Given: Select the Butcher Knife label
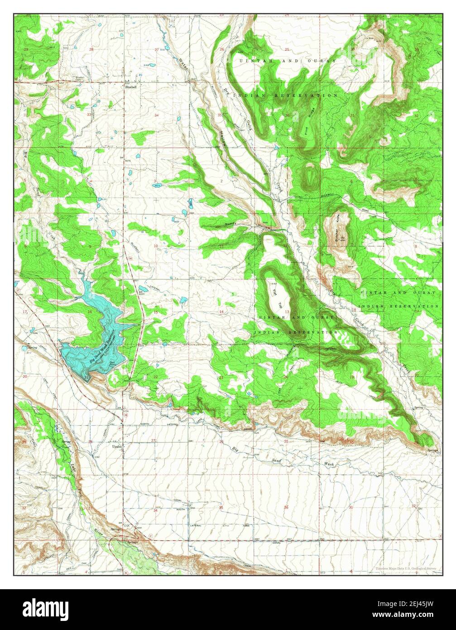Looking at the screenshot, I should [x=338, y=230].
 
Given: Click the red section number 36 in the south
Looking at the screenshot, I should [x=286, y=507].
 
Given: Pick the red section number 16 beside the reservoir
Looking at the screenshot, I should [x=91, y=312].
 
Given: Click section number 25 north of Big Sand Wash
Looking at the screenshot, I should [x=286, y=441].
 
